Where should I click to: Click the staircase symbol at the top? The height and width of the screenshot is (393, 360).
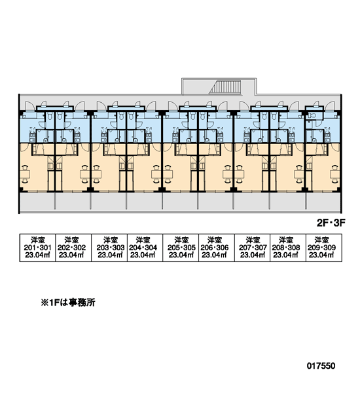(x=225, y=87)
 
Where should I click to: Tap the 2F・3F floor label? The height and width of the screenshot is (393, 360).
(x=331, y=223)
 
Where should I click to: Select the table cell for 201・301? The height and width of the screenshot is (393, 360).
(x=37, y=248)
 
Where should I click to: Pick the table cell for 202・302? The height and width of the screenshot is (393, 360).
(x=73, y=248)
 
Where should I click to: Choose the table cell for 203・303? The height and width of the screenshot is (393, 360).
(x=109, y=248)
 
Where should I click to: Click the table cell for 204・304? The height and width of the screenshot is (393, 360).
(x=145, y=248)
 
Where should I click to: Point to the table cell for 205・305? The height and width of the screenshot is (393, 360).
(x=181, y=248)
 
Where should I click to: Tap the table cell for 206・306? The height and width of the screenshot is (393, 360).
(x=217, y=248)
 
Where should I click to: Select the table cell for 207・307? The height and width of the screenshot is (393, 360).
(x=252, y=248)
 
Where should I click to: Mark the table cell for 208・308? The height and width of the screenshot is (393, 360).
(x=288, y=248)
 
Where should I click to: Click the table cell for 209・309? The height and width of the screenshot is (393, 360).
(x=324, y=248)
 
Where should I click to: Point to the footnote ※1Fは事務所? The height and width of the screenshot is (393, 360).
(x=68, y=303)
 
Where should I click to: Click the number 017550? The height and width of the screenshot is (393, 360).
(x=321, y=366)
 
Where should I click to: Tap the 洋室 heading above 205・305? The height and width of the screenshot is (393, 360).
(x=181, y=240)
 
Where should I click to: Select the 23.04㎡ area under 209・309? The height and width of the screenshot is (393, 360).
(x=321, y=255)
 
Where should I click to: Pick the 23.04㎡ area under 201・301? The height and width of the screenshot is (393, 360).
(x=37, y=255)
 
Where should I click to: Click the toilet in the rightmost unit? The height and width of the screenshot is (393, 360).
(x=312, y=115)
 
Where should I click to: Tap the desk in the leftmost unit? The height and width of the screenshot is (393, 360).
(x=25, y=174)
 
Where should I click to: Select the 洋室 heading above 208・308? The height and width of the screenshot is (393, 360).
(x=286, y=240)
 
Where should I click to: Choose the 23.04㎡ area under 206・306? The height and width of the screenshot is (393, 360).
(x=215, y=255)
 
